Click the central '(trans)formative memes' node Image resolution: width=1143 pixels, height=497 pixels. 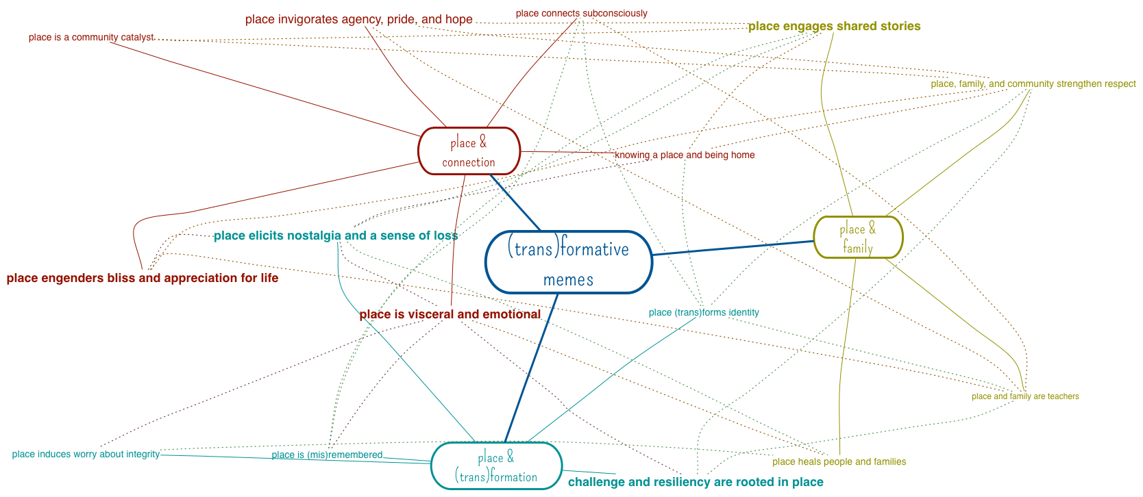pos(568,262)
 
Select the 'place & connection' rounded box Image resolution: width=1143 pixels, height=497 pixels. pos(469,151)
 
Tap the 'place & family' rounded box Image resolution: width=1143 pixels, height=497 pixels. pos(858,238)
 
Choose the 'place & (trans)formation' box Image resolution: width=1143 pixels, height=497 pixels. pos(496,466)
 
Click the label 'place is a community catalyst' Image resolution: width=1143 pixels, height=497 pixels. pos(91,38)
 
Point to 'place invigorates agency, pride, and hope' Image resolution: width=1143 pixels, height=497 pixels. pos(358,19)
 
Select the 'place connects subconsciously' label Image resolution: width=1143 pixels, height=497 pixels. pos(581,13)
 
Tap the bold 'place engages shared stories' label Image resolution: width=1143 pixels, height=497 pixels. pos(834,26)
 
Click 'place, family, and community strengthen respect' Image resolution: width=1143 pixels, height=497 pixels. pos(1033,84)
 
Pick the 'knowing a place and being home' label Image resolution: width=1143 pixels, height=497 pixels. pos(685,155)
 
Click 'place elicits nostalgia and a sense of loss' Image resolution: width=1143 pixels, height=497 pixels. pos(336,235)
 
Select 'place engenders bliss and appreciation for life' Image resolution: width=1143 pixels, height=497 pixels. pos(143,278)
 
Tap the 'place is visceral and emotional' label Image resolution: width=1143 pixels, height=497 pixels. pos(450,314)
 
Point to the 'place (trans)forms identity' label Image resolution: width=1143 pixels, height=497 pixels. pos(704,313)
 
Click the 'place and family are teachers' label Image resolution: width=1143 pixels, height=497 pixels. pos(1024,396)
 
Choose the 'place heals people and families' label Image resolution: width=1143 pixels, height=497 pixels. pos(839,462)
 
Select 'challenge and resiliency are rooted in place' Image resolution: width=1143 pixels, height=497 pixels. pos(696,482)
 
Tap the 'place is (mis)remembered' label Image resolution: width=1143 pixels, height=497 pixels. pos(327,455)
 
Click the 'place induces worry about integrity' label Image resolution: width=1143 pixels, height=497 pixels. pos(86,455)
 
